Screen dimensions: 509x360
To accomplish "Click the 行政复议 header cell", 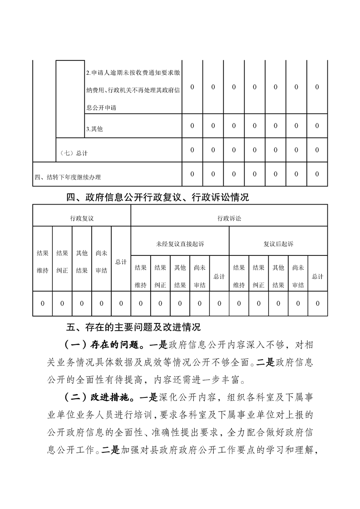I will [82, 218].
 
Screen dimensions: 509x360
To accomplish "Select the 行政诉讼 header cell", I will [229, 218].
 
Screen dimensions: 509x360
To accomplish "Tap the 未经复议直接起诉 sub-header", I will [180, 244].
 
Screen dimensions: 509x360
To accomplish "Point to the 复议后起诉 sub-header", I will [278, 244].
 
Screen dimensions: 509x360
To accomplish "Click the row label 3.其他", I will [94, 129].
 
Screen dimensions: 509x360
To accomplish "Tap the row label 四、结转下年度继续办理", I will [68, 177].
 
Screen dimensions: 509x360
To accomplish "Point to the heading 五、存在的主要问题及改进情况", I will [133, 327].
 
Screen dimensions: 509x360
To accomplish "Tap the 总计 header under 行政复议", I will [121, 262].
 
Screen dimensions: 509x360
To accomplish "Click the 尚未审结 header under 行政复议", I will [101, 262].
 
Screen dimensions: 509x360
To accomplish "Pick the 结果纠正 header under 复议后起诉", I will [259, 276].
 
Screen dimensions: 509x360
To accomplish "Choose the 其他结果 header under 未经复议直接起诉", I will [180, 276].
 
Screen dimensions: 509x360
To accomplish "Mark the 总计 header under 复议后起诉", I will [318, 276].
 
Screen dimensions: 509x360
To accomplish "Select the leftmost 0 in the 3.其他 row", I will [192, 126].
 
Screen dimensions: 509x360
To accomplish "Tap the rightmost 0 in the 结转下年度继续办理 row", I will [317, 174].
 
